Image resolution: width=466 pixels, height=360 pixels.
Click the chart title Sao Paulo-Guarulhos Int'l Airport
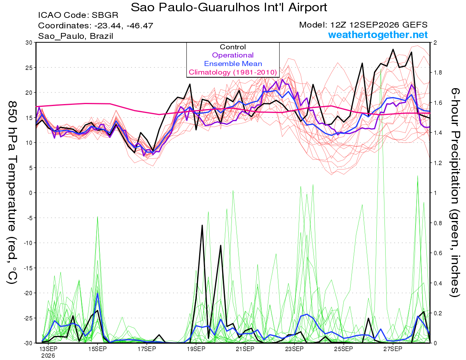[229, 7]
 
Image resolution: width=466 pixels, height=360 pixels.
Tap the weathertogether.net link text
[378, 35]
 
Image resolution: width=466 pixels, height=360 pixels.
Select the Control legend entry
[233, 47]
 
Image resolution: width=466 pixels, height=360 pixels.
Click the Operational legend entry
[233, 55]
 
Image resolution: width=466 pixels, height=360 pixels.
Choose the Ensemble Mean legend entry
[233, 64]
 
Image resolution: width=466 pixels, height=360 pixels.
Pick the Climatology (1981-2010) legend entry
[233, 72]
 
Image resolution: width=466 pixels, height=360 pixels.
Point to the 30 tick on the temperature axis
[29, 43]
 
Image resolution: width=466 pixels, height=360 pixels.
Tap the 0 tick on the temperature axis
[31, 193]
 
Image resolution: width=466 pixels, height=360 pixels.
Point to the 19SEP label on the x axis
[196, 349]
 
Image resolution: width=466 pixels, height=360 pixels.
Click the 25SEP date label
[343, 349]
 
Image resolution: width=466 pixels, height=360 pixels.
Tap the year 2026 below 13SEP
[48, 356]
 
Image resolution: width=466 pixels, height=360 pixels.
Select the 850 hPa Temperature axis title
[12, 193]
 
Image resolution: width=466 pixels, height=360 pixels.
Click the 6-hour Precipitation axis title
[455, 193]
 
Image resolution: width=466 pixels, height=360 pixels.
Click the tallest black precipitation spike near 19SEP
[202, 225]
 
